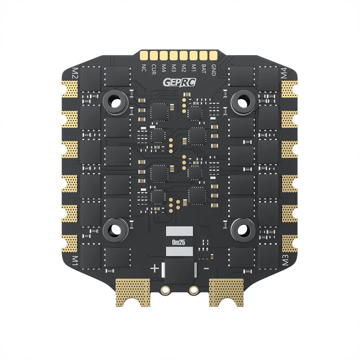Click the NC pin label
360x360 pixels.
(x=144, y=68)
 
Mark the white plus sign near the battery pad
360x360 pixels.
(x=154, y=269)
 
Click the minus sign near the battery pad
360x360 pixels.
(x=205, y=268)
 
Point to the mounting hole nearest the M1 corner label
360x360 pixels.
(x=117, y=229)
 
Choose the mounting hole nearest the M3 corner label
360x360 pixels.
(x=242, y=229)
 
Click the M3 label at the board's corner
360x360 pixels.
(x=284, y=260)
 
